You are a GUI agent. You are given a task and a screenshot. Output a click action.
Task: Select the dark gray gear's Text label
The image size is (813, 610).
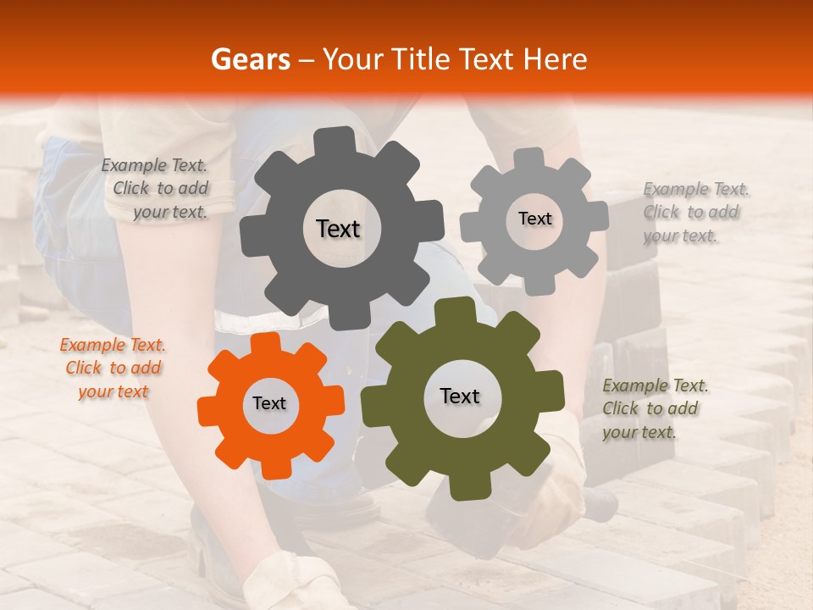pos(338,229)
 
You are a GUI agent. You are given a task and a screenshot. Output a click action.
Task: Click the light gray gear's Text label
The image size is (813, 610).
pos(534,219)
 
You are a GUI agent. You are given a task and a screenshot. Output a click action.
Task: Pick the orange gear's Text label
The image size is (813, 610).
pos(269,403)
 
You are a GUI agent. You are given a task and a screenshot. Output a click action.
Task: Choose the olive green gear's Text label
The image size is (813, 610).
pos(460,396)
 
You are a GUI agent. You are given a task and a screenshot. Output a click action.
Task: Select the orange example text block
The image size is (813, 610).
pos(113,368)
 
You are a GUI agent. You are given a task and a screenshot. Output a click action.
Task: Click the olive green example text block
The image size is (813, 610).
pos(654,408)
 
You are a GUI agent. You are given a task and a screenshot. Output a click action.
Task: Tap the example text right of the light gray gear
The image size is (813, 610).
pos(694,212)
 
